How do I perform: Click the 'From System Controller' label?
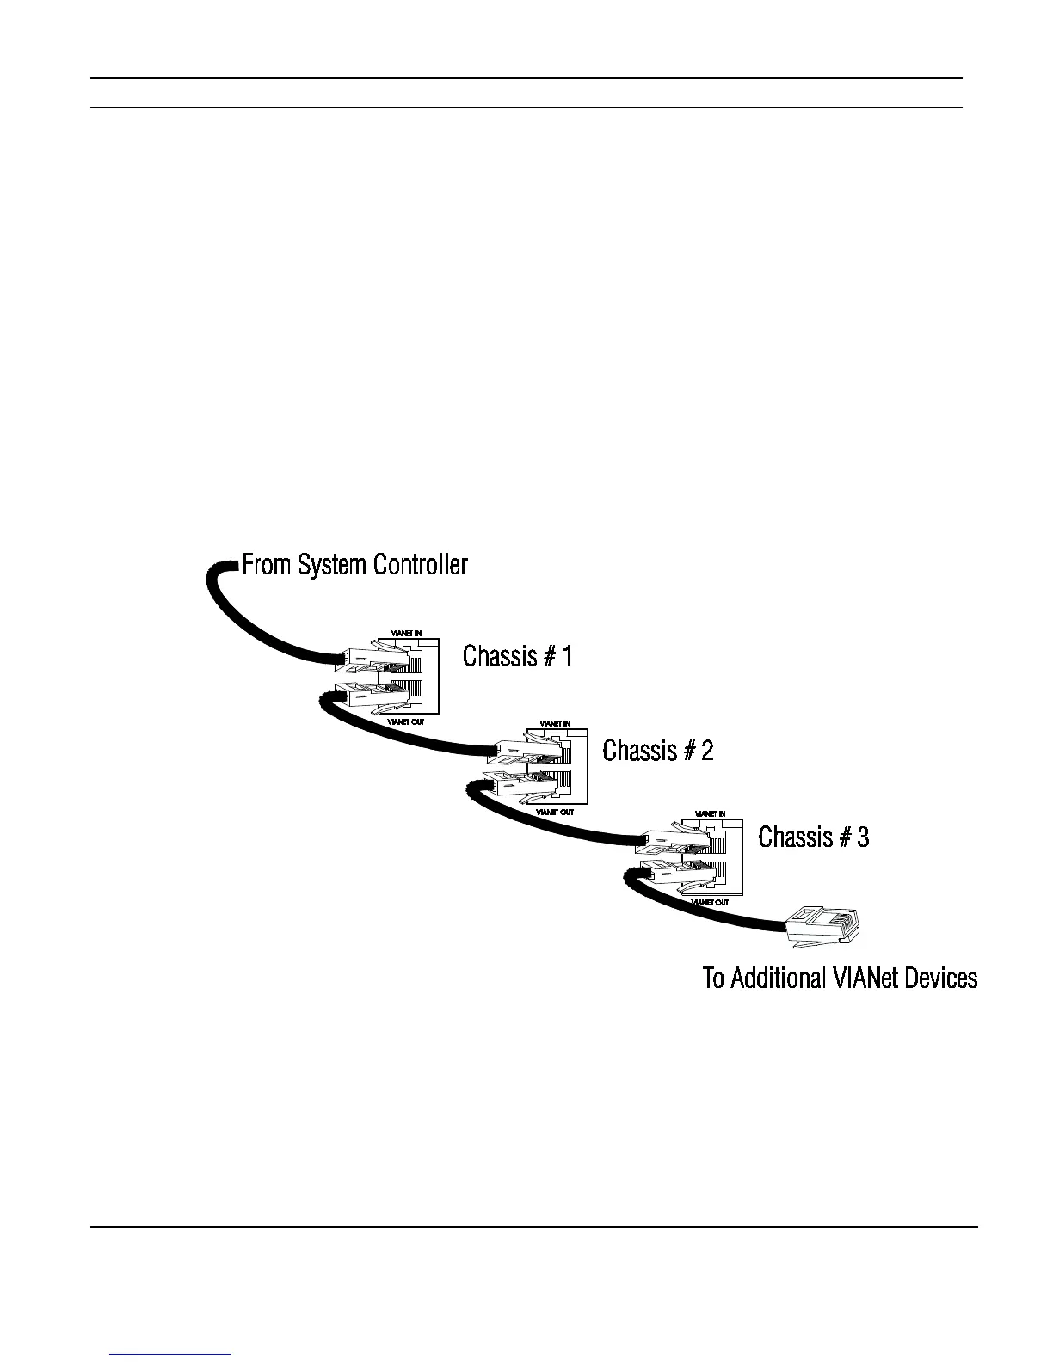[354, 565]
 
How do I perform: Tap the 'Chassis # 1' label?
[517, 656]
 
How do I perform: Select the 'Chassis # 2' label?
[657, 751]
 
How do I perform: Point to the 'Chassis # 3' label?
[813, 837]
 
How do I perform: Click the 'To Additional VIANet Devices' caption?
[840, 979]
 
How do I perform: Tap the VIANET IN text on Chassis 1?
[406, 634]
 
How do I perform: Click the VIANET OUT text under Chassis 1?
[406, 722]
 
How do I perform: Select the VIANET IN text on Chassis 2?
[555, 724]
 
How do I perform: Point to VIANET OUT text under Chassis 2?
[555, 812]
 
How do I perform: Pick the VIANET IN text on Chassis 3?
[710, 813]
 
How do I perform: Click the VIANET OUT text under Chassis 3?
[710, 903]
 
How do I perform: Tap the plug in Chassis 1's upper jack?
[366, 660]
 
